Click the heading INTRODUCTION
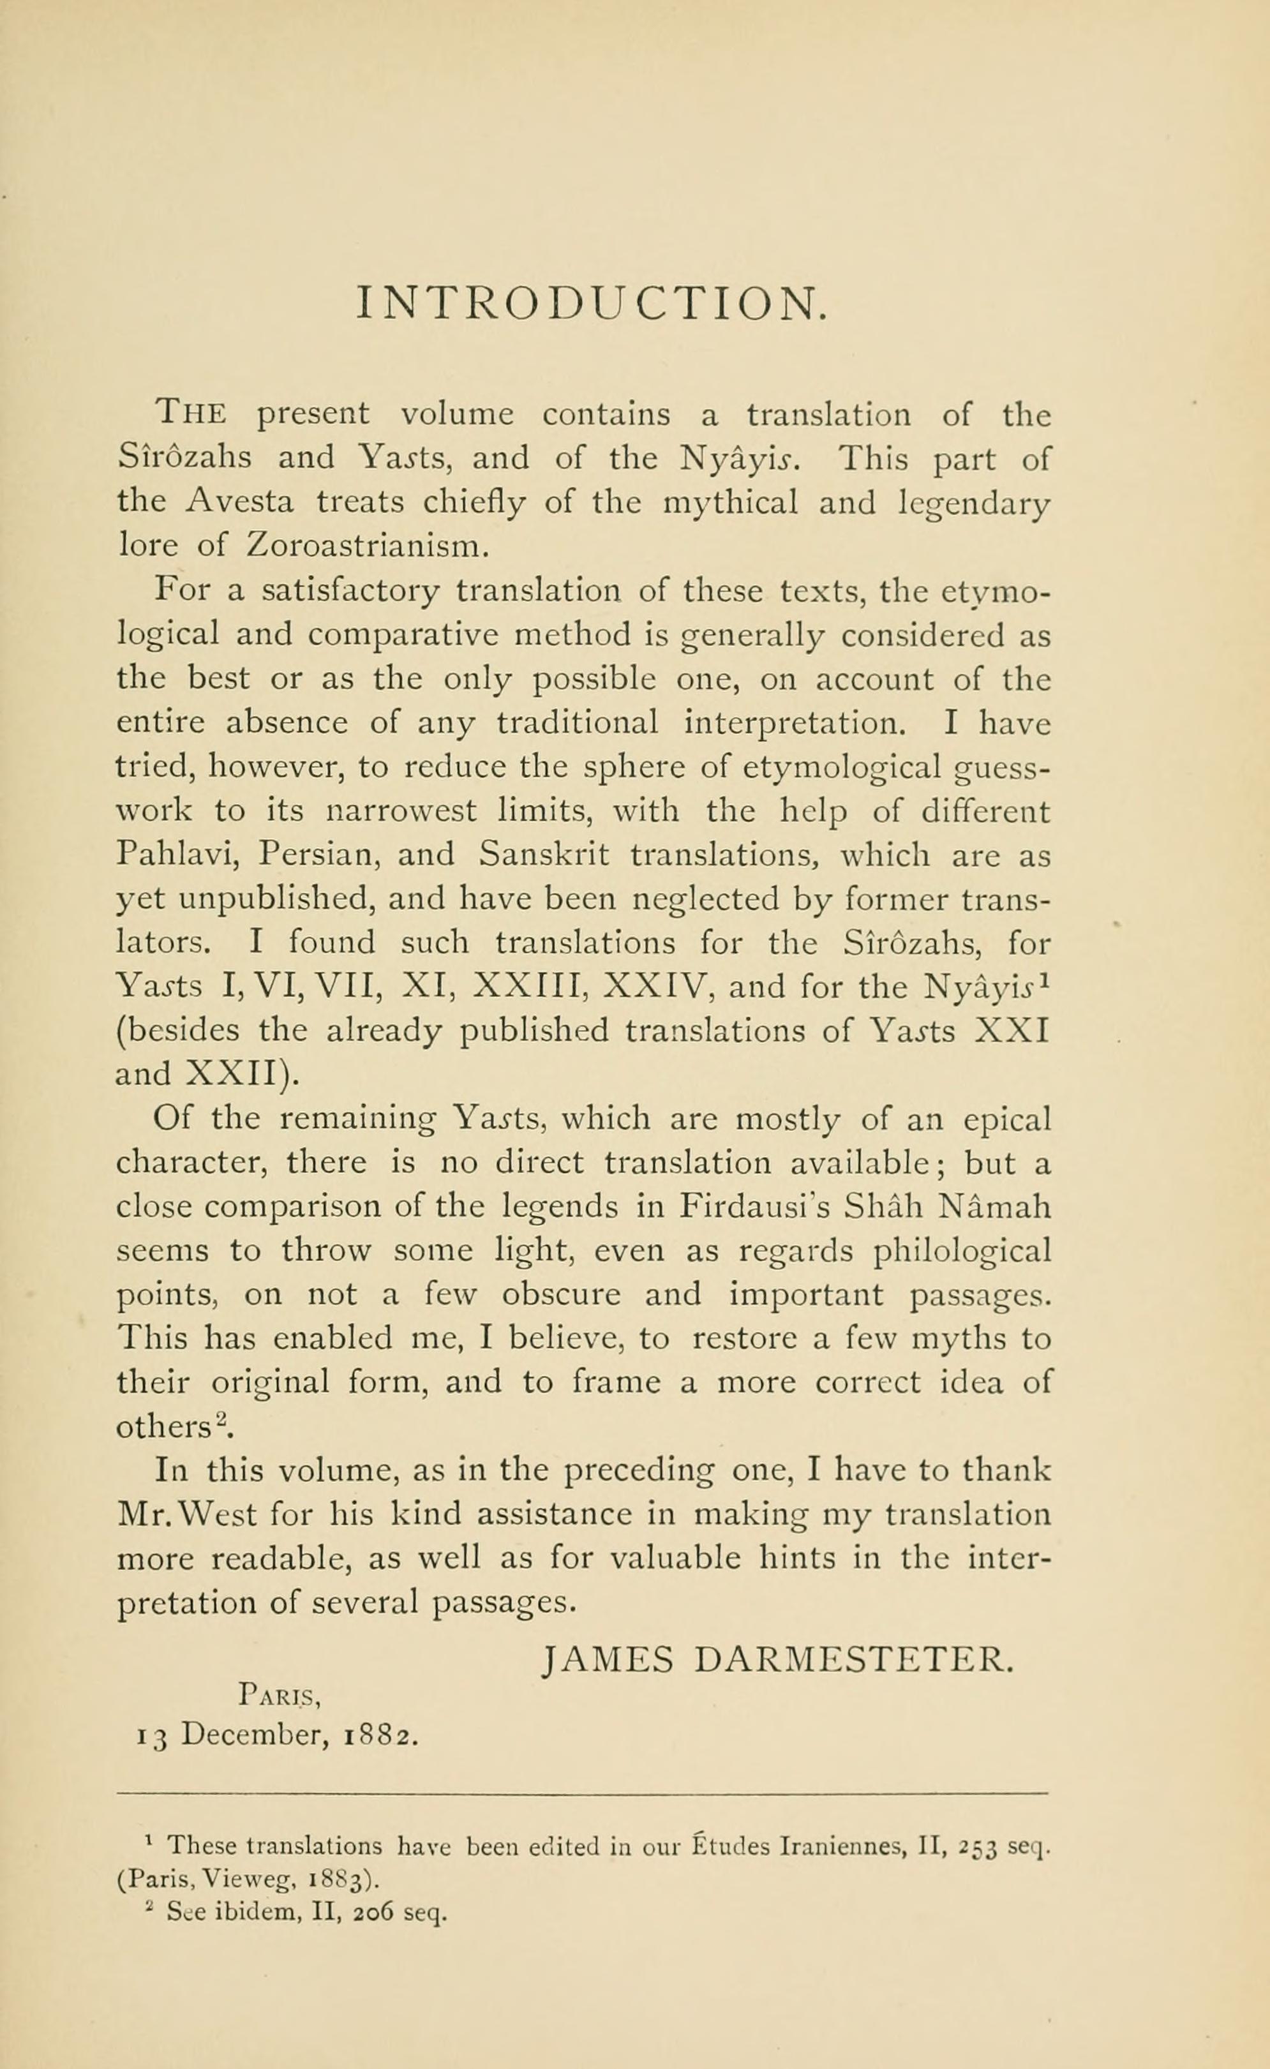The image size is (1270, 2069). point(592,303)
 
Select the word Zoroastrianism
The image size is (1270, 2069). point(367,547)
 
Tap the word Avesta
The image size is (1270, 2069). point(241,502)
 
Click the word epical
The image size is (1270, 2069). point(1006,1119)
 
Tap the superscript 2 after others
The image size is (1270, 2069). point(221,1422)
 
